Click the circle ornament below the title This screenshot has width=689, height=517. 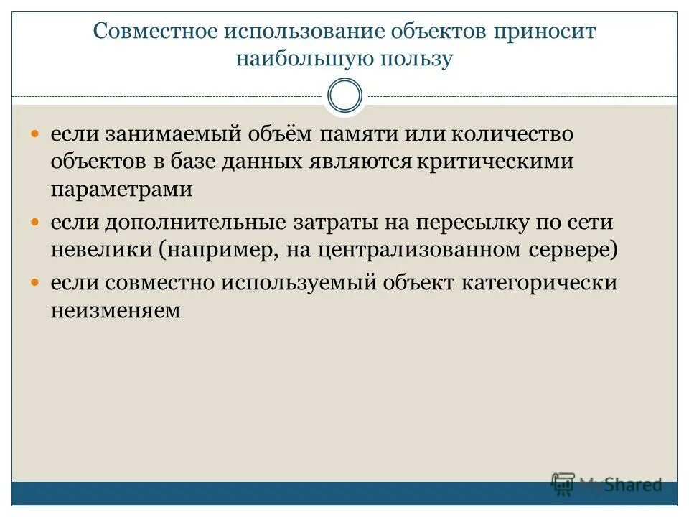(x=344, y=96)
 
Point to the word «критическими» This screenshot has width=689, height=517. (x=492, y=162)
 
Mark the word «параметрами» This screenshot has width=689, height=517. (x=122, y=190)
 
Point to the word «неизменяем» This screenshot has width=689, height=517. (x=115, y=310)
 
